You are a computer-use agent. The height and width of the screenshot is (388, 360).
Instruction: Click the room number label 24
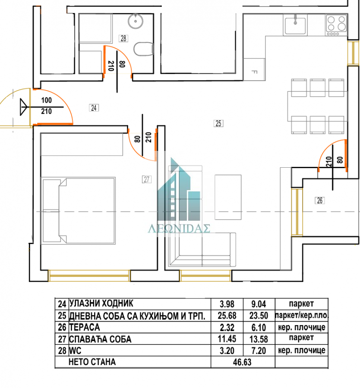pyautogui.click(x=94, y=108)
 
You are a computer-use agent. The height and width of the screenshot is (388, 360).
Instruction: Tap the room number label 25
pyautogui.click(x=218, y=123)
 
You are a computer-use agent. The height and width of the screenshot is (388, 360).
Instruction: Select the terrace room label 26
pyautogui.click(x=319, y=200)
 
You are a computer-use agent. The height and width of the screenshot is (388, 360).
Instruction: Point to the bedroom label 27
pyautogui.click(x=146, y=179)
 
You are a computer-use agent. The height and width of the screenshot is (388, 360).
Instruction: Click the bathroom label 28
pyautogui.click(x=123, y=38)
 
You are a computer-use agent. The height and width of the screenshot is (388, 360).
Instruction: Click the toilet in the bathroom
pyautogui.click(x=143, y=49)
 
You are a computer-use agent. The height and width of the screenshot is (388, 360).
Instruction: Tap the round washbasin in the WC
pyautogui.click(x=135, y=21)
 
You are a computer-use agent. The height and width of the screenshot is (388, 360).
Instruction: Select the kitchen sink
pyautogui.click(x=295, y=25)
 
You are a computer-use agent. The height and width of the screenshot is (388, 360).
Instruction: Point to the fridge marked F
pyautogui.click(x=254, y=69)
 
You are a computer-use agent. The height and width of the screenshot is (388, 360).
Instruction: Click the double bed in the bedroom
pyautogui.click(x=78, y=210)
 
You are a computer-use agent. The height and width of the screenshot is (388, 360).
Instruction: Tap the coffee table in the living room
pyautogui.click(x=228, y=197)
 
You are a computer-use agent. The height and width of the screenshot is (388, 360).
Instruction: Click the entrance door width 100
pyautogui.click(x=46, y=100)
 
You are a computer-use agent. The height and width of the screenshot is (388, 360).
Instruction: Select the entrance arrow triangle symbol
pyautogui.click(x=23, y=107)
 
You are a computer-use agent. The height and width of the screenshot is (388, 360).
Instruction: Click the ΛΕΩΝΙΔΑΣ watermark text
pyautogui.click(x=179, y=228)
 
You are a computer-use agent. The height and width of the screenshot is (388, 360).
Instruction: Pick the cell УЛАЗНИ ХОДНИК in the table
pyautogui.click(x=101, y=304)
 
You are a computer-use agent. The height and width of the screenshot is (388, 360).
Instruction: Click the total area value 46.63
pyautogui.click(x=242, y=362)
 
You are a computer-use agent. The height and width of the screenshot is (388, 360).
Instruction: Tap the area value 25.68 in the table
pyautogui.click(x=227, y=316)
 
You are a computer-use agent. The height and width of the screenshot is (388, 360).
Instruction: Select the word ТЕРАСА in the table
pyautogui.click(x=84, y=327)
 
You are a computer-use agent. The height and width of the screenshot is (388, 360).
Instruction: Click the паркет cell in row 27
pyautogui.click(x=301, y=338)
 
